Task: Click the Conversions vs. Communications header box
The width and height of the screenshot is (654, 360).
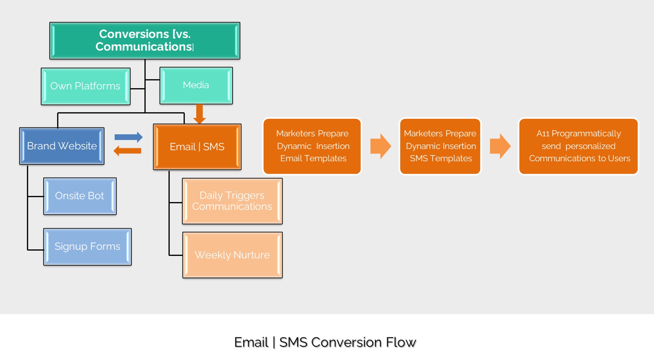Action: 145,40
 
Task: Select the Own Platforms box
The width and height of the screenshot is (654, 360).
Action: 86,86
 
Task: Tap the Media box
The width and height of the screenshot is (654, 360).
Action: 196,86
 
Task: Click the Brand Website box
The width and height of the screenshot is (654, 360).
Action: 62,146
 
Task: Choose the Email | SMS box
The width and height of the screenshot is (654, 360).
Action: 197,147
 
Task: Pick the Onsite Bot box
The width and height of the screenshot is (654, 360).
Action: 80,196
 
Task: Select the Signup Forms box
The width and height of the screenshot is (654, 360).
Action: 87,247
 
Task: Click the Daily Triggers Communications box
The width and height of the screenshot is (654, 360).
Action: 232,201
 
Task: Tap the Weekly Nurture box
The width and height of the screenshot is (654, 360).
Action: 232,255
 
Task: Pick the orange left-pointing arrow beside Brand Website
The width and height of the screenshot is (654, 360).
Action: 127,151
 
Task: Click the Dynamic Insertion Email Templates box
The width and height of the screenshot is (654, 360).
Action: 312,146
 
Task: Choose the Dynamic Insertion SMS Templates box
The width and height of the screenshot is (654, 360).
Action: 440,146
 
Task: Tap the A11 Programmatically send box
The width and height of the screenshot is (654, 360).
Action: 579,146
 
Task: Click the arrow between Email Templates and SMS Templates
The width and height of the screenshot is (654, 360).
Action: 380,146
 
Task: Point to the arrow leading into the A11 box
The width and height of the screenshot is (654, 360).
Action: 500,146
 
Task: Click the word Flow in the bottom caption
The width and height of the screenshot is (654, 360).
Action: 401,342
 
